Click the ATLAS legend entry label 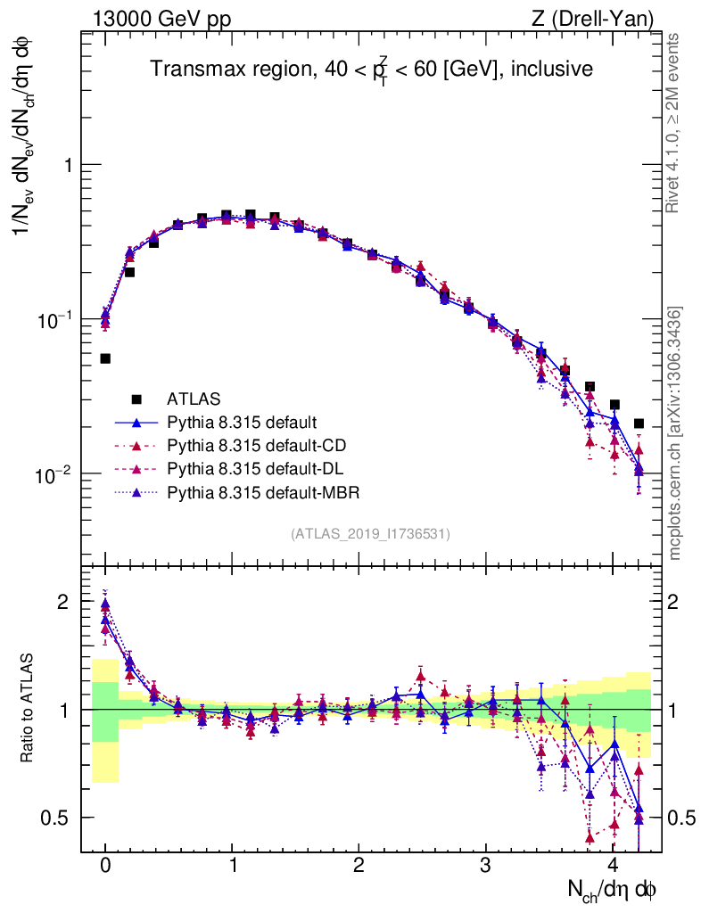[194, 398]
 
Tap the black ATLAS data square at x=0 [105, 358]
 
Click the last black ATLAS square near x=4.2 [639, 424]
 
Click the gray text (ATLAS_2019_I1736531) [370, 534]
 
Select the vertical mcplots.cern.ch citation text [675, 432]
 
